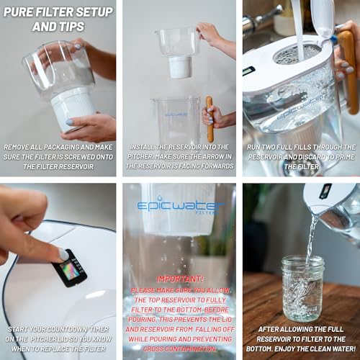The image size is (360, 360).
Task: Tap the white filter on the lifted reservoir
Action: point(179,67)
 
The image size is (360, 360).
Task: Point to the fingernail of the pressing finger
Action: point(64,254)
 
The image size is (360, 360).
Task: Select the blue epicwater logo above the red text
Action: point(181,207)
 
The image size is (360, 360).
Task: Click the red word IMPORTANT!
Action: point(179,278)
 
